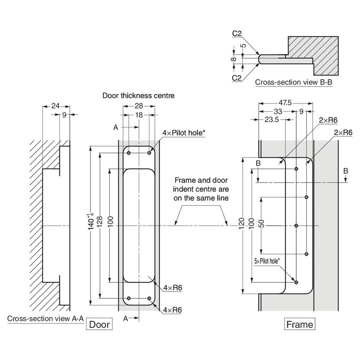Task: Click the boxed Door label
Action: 99,324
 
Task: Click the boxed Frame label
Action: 299,324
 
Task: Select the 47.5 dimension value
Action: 285,103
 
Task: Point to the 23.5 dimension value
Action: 271,119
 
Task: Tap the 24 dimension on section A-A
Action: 55,106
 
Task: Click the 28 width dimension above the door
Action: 139,106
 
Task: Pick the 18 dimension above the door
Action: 139,115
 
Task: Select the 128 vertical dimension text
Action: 100,221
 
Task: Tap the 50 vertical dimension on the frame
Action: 262,223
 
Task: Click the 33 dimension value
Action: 278,112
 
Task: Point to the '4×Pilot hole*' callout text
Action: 184,133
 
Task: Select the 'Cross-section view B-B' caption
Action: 294,82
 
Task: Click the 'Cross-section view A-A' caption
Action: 45,318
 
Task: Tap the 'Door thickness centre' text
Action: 138,96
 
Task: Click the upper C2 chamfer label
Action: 237,33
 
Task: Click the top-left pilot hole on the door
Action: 129,153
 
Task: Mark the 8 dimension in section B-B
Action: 233,59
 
